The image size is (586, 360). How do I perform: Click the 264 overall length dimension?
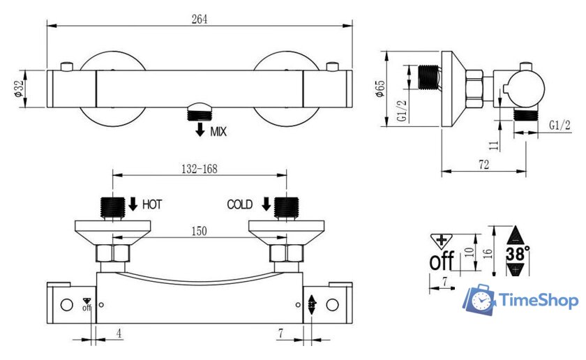200,19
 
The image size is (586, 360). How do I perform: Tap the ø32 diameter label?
19,89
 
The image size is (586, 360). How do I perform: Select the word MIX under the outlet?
218,132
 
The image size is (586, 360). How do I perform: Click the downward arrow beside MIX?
200,129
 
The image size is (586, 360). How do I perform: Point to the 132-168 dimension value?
200,169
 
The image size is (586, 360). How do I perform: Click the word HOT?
152,204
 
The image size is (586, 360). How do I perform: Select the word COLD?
240,204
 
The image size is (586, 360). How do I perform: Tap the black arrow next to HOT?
133,204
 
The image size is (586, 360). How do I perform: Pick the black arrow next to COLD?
266,204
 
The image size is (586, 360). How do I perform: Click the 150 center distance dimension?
200,231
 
